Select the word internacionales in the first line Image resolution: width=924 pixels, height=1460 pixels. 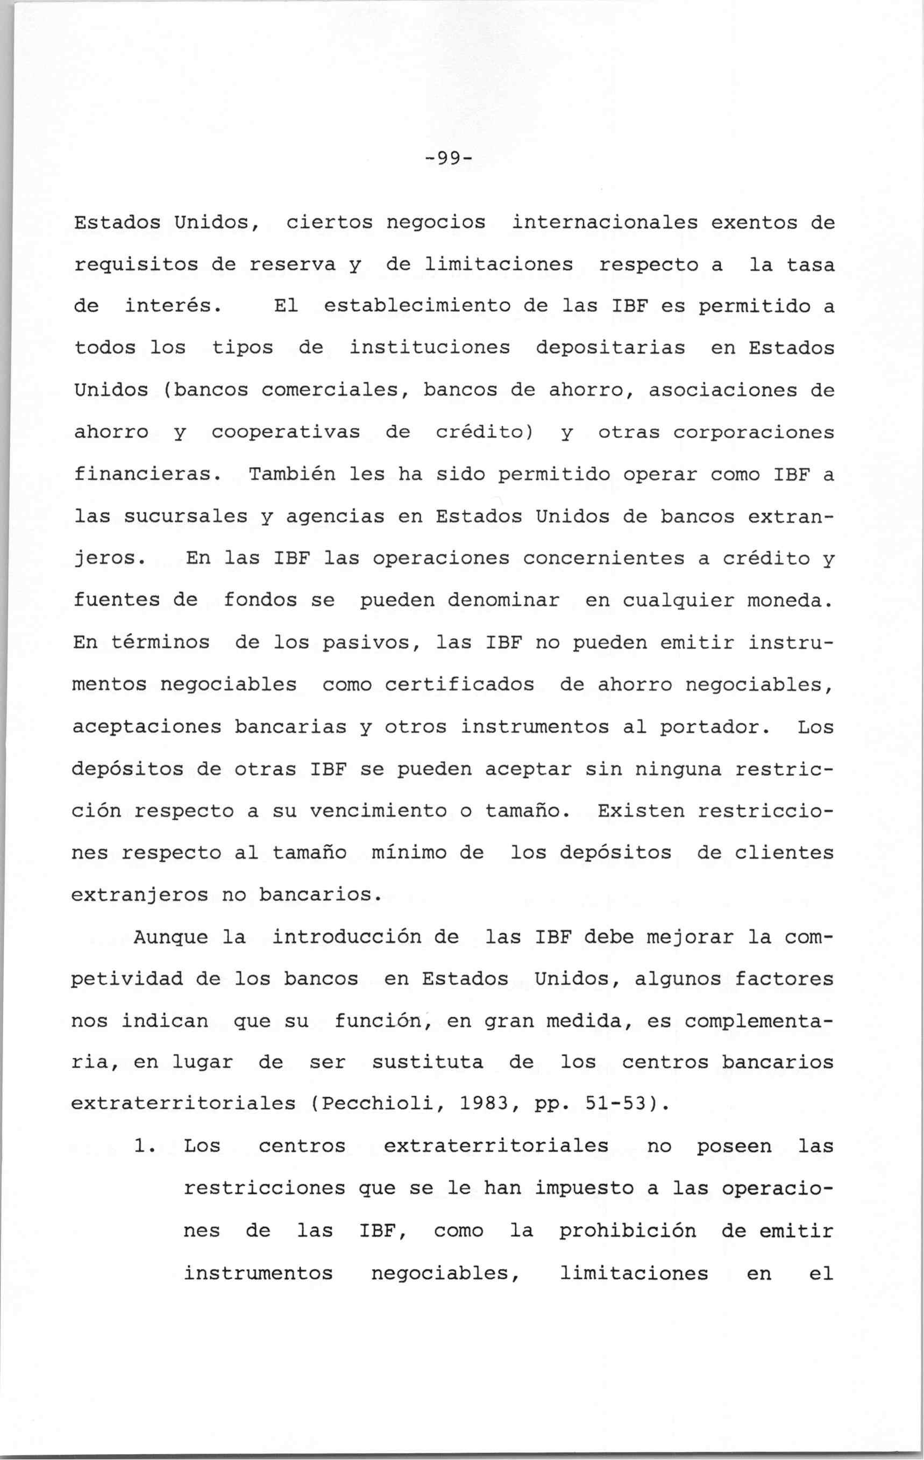(x=605, y=223)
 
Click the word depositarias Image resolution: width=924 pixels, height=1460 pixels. (x=610, y=348)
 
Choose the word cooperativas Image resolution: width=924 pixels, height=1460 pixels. (x=286, y=432)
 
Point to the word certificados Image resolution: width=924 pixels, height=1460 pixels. (x=459, y=684)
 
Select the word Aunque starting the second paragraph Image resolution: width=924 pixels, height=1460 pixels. (x=170, y=937)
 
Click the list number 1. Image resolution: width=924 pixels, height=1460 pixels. (x=144, y=1147)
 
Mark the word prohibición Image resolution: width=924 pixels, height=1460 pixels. (x=627, y=1231)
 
